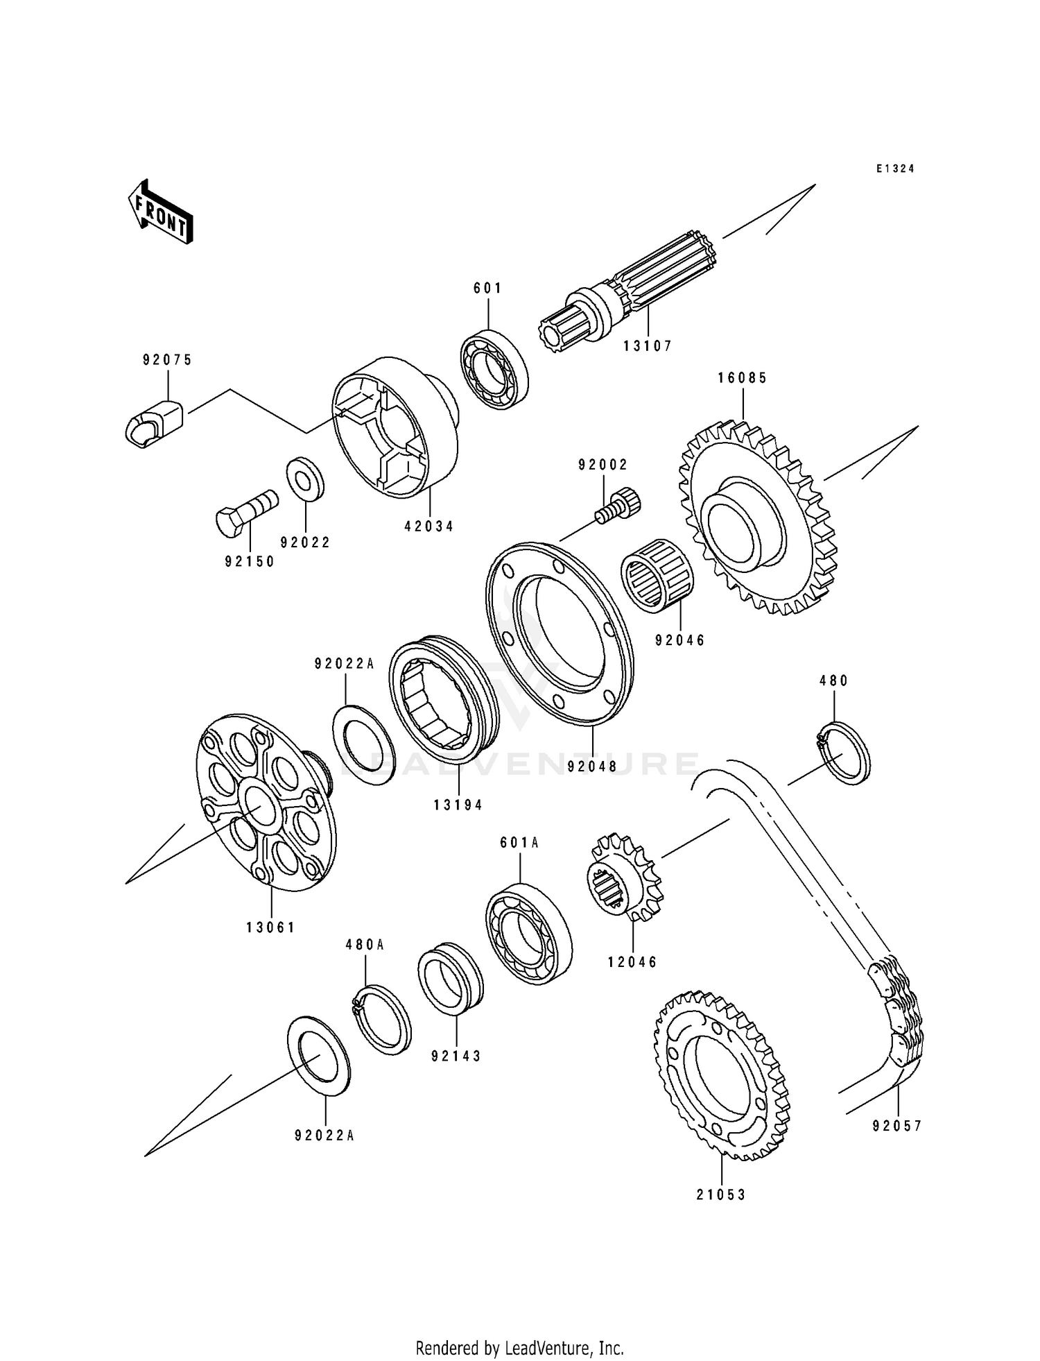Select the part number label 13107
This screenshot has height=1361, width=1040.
(x=647, y=345)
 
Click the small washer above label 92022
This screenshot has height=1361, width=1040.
(x=306, y=478)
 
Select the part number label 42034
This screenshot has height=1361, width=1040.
(x=428, y=527)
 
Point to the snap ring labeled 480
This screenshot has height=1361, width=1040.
(x=843, y=753)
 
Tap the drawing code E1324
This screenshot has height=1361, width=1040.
(x=894, y=169)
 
